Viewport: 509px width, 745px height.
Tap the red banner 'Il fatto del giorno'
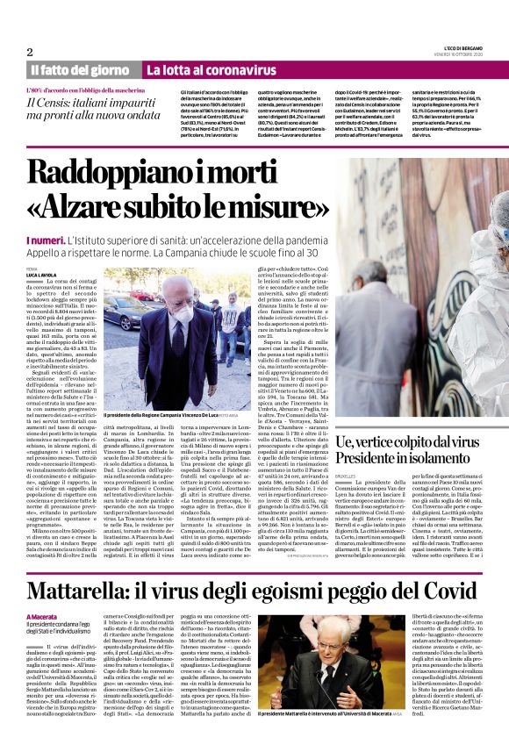[x=79, y=69]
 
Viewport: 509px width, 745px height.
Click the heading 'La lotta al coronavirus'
[x=199, y=69]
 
